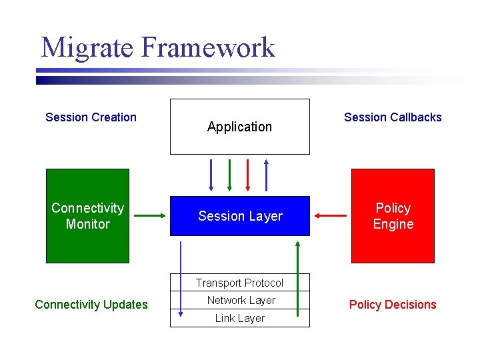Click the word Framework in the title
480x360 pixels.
(209, 48)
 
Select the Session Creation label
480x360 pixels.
(91, 117)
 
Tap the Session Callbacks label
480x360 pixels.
(393, 117)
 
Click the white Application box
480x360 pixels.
(240, 126)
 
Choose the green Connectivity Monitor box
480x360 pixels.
(87, 216)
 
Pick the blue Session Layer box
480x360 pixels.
(240, 216)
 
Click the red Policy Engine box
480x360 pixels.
(393, 216)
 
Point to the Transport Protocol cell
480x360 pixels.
(240, 283)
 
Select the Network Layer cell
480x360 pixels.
(240, 301)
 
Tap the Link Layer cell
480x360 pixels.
(240, 319)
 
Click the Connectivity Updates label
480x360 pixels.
(91, 305)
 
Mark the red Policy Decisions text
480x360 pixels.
(393, 305)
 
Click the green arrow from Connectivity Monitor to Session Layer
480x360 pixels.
(149, 215)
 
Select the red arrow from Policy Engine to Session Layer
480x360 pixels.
(331, 215)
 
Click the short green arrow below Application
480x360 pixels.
(229, 175)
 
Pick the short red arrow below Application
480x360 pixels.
(248, 175)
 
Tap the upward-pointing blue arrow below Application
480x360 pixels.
(266, 175)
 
